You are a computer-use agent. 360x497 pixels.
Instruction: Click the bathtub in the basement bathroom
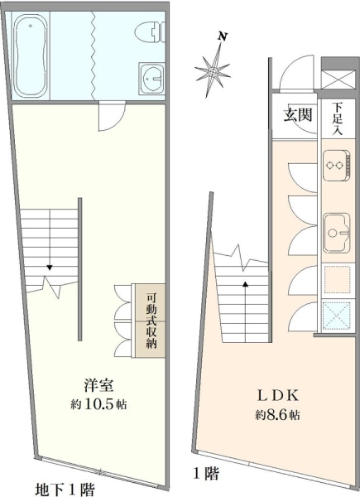point(31,56)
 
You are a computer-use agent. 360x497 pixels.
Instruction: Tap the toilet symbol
point(151,31)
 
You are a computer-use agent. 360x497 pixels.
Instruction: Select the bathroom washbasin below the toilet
point(152,79)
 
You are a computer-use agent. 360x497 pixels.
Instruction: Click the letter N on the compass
point(223,36)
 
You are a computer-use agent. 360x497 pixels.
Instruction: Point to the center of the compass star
point(213,71)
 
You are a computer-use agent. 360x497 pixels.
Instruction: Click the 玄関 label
point(298,115)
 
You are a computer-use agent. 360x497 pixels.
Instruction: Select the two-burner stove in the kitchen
point(337,166)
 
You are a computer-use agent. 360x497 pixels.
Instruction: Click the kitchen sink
point(337,233)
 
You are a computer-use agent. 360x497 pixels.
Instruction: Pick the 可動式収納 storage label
point(151,321)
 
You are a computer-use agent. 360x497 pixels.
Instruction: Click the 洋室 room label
point(98,385)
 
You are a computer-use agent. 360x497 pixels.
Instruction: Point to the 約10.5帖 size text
point(98,404)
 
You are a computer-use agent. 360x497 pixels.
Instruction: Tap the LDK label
point(277,396)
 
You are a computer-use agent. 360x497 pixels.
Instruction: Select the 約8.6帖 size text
point(278,415)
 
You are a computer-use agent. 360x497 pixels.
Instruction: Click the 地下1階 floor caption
point(65,490)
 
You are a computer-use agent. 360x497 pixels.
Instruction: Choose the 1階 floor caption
point(206,474)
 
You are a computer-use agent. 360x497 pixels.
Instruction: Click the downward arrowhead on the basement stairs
point(50,268)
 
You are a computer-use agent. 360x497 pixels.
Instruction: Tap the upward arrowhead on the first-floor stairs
point(246,284)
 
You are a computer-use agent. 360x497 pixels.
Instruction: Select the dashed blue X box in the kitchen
point(337,315)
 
